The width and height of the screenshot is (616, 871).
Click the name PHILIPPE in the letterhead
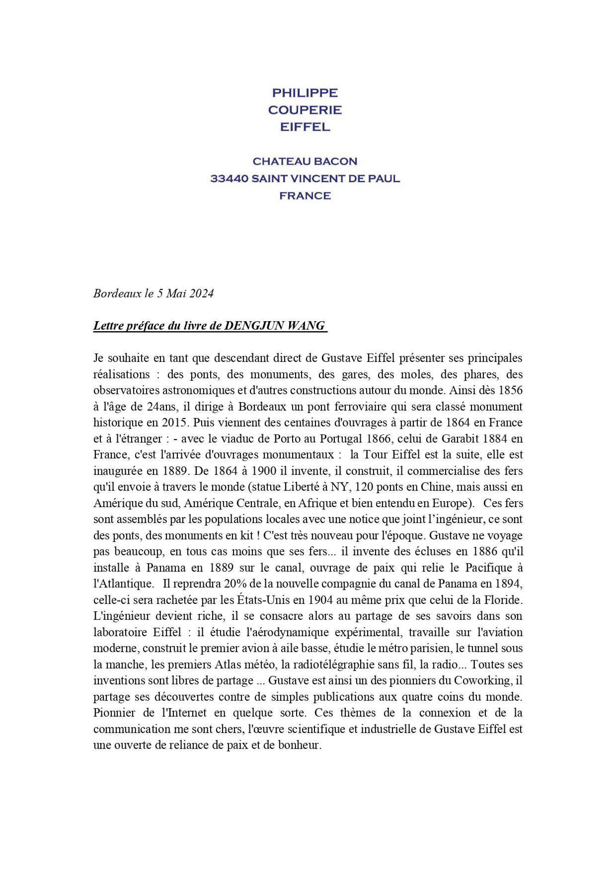point(305,93)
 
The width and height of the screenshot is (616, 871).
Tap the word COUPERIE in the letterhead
point(305,110)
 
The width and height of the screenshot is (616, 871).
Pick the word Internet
point(184,713)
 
